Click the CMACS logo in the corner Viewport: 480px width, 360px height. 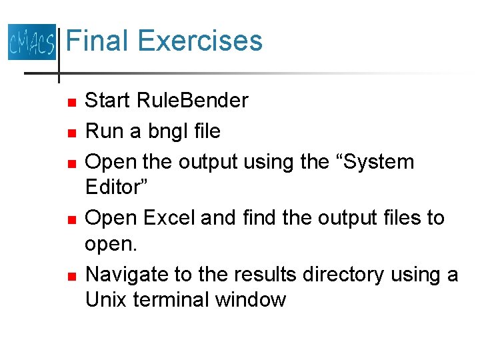(31, 41)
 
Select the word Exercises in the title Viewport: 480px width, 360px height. (201, 41)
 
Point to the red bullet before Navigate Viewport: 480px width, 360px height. (72, 275)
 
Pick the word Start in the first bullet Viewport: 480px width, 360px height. (109, 101)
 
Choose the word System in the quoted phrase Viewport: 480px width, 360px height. (370, 162)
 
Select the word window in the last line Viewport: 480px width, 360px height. (250, 300)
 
